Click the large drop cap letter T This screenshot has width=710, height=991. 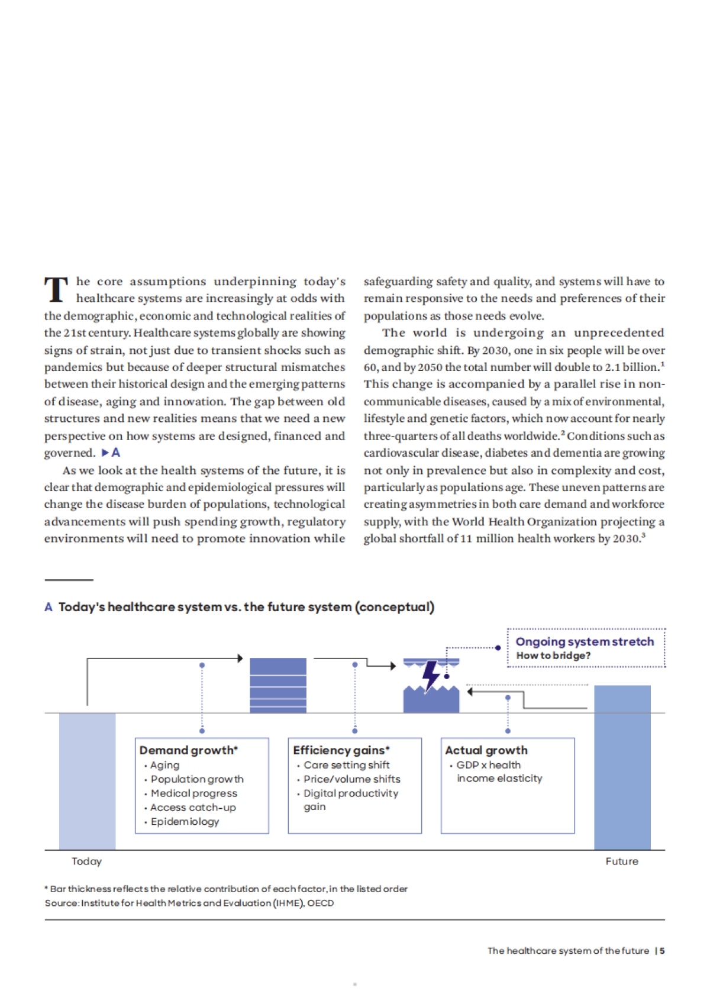[x=56, y=289]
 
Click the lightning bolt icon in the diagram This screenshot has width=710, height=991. [x=431, y=675]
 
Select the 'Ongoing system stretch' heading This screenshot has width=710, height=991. [x=585, y=641]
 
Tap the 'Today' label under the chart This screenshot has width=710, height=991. [x=86, y=861]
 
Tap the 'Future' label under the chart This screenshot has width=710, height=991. [x=622, y=861]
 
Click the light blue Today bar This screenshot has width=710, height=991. [x=87, y=781]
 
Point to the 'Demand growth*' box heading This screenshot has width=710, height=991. [x=188, y=750]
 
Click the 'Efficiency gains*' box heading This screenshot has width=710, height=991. [x=341, y=750]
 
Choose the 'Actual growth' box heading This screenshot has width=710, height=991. [x=486, y=750]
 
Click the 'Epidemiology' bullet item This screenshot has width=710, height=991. [x=185, y=821]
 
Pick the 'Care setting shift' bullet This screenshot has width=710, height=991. [x=346, y=764]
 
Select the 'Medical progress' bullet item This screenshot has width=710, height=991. [x=193, y=793]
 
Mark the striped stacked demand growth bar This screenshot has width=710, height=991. [x=278, y=685]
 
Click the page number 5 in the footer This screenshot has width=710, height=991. [x=662, y=950]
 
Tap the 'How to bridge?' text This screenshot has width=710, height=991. [x=553, y=656]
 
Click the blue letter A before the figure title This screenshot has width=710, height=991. [x=49, y=607]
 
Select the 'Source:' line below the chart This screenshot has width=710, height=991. [x=189, y=903]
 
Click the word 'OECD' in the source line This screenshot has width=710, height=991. [x=321, y=903]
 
